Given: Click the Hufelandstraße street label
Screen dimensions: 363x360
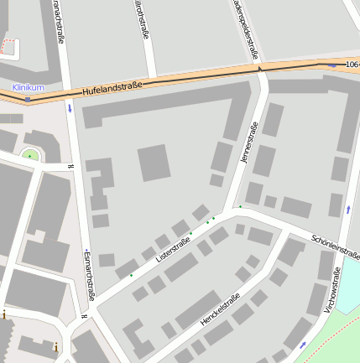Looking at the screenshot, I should pos(112,86).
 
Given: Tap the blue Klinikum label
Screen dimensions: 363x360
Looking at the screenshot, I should pos(28,87).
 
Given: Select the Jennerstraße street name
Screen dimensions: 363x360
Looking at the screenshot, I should pos(249,143).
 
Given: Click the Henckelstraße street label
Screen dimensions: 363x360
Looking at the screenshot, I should pos(221,309).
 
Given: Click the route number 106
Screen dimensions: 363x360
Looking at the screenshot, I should pos(352,64).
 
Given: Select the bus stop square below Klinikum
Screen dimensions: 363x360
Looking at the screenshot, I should pos(28,99).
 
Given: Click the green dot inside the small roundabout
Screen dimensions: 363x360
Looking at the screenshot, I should pos(30,155).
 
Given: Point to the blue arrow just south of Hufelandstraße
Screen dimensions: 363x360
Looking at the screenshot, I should pos(70,109).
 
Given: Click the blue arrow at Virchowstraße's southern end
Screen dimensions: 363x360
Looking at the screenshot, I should pos(303,345).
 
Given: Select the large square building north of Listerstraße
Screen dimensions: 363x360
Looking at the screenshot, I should pos(154,163).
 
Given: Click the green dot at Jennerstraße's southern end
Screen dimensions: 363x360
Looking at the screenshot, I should pos(240,206).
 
